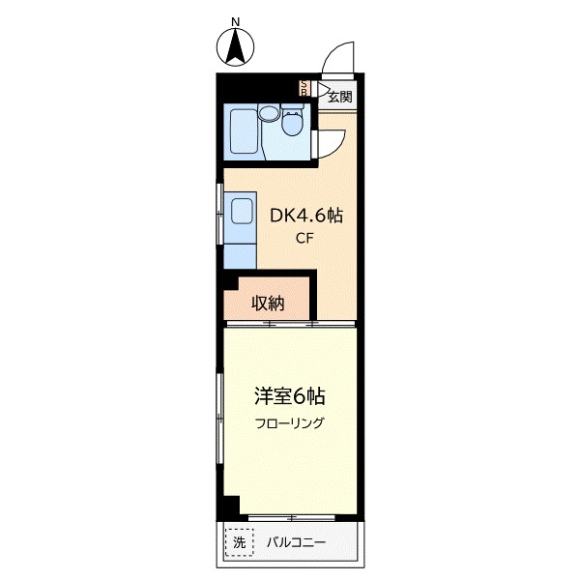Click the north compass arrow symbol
pyautogui.click(x=234, y=47)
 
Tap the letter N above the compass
pyautogui.click(x=234, y=20)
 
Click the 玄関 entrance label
pyautogui.click(x=338, y=95)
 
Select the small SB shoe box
pyautogui.click(x=304, y=87)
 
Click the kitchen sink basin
pyautogui.click(x=239, y=210)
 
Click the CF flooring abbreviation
pyautogui.click(x=304, y=240)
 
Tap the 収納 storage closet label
pyautogui.click(x=268, y=303)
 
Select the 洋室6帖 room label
pyautogui.click(x=289, y=395)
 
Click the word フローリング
pyautogui.click(x=289, y=423)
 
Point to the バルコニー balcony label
pyautogui.click(x=297, y=543)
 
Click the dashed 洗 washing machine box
pyautogui.click(x=239, y=543)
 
